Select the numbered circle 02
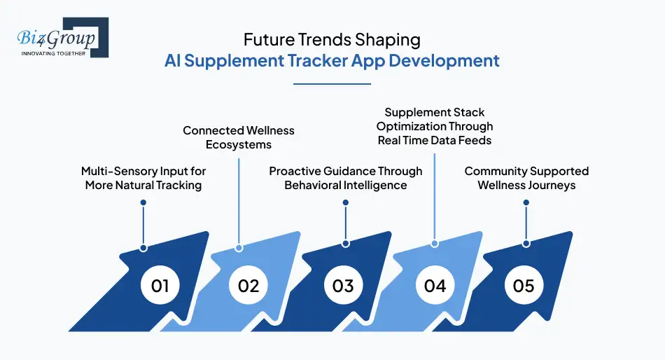248,286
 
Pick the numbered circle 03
342,286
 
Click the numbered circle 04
435,286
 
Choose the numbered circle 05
524,286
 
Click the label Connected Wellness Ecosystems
239,137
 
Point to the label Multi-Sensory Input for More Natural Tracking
143,178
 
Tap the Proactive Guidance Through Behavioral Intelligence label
346,178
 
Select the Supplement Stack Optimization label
435,126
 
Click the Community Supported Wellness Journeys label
526,178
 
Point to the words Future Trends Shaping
332,40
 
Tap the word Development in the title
444,60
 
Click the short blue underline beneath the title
332,83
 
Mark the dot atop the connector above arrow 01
143,202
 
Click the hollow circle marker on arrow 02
239,248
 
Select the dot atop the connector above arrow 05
526,202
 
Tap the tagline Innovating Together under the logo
54,53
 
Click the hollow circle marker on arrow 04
435,244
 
